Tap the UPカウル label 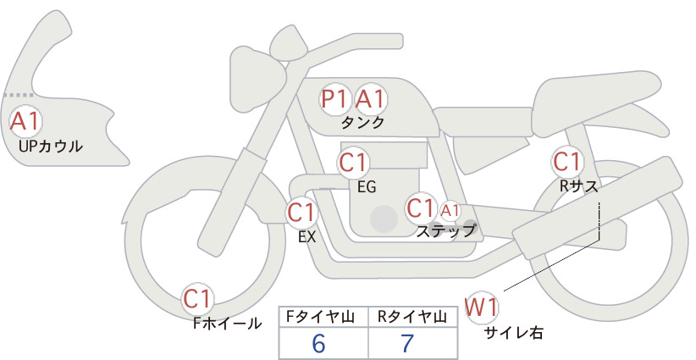(x=50, y=147)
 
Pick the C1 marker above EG (x=353, y=163)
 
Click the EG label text (x=367, y=187)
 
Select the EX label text (x=307, y=237)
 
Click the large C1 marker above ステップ (x=421, y=208)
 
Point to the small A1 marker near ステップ (x=450, y=210)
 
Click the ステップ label (x=446, y=230)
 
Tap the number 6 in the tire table (x=318, y=344)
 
